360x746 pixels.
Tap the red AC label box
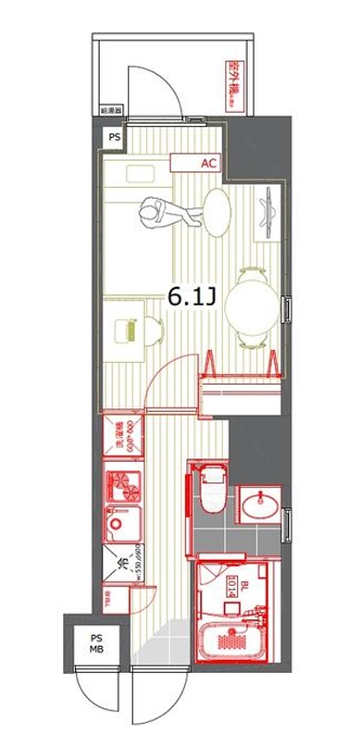pyautogui.click(x=208, y=163)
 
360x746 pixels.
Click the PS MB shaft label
pyautogui.click(x=96, y=642)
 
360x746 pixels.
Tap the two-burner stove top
pyautogui.click(x=122, y=484)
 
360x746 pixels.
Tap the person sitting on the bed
pyautogui.click(x=167, y=214)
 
